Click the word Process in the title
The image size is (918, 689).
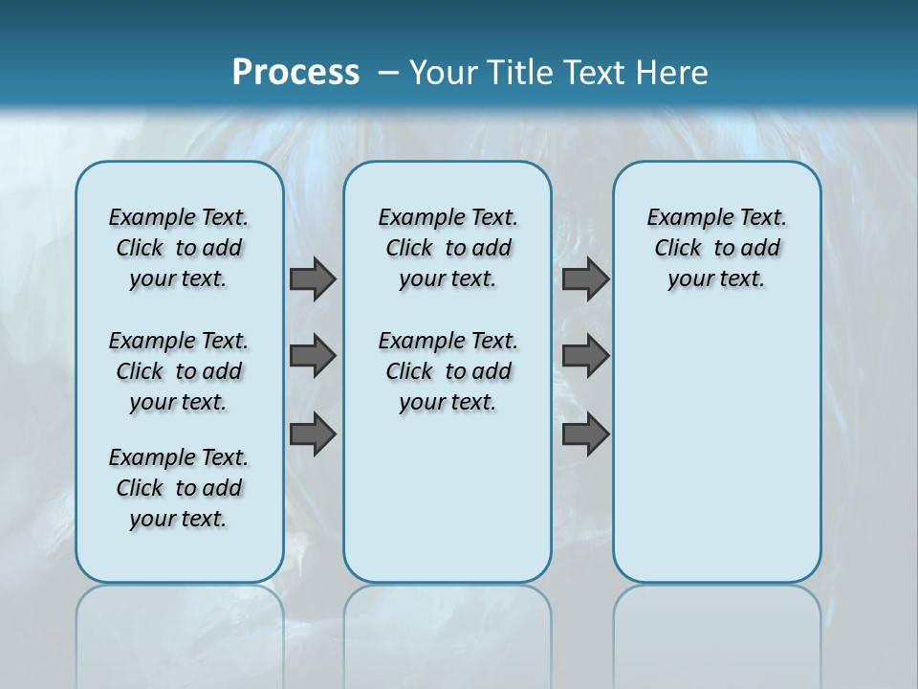295,72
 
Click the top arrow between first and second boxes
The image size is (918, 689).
313,279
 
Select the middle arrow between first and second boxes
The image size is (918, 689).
313,356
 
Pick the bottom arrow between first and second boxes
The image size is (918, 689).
313,434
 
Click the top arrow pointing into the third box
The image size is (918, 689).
585,279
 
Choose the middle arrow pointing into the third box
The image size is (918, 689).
585,356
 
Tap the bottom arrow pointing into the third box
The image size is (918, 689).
585,434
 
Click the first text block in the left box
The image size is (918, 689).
179,248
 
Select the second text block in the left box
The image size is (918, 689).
179,371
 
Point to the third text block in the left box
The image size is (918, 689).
179,488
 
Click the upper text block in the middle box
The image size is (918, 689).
448,248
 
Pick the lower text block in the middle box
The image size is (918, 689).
448,371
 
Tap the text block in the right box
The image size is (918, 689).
716,248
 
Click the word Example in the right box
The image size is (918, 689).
683,218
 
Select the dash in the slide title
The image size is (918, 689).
388,72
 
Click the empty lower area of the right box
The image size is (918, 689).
716,459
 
